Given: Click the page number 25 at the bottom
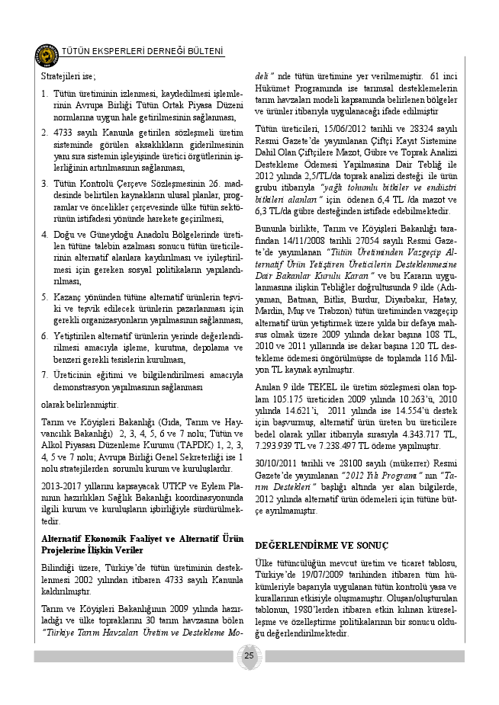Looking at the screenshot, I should tap(249, 656).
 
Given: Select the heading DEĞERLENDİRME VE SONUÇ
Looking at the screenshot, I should tap(321, 546).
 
